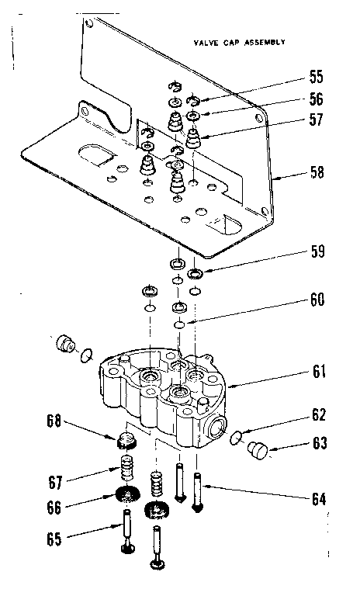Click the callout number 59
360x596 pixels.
coord(317,252)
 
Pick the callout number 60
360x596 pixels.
coord(317,300)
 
